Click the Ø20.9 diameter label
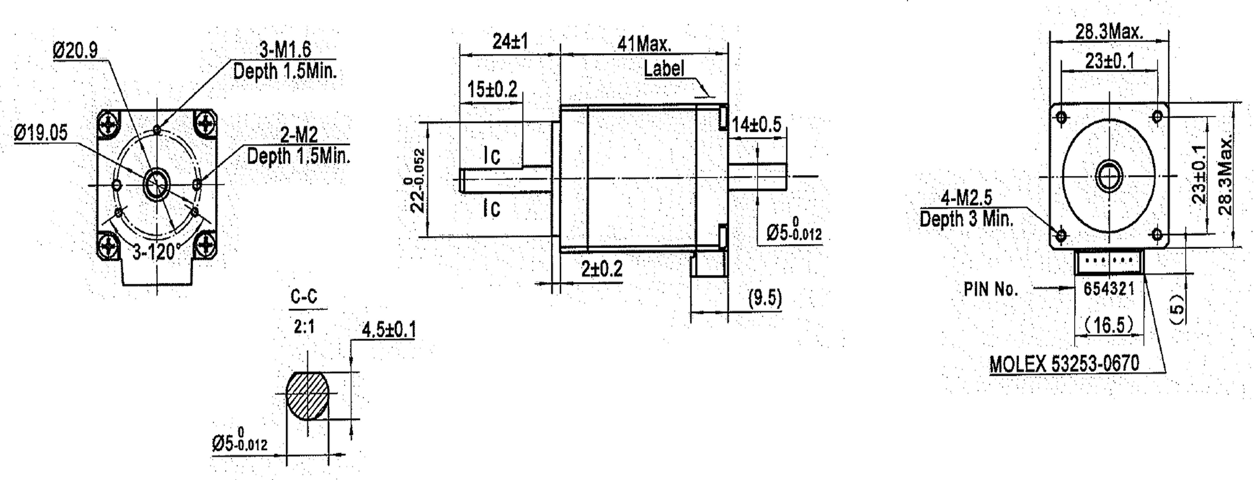tap(75, 50)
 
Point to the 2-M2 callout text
tap(299, 136)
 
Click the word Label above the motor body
tap(664, 69)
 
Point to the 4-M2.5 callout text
tap(966, 198)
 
